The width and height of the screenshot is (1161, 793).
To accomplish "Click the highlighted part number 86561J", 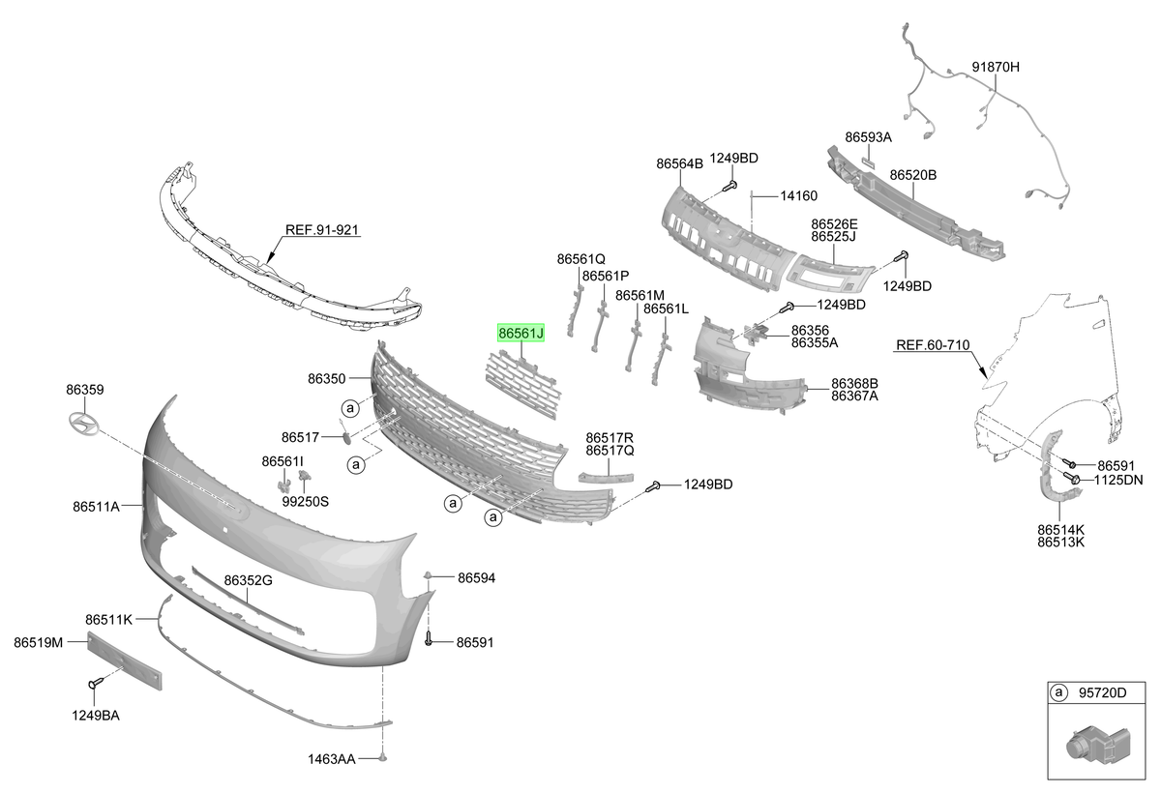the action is click(521, 333).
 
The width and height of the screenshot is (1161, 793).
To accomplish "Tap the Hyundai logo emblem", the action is click(83, 424).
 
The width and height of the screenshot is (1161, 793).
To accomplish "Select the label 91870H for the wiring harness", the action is click(996, 67).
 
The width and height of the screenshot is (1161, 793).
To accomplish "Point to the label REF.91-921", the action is click(322, 229).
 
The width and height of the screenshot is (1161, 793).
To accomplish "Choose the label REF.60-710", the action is click(933, 345).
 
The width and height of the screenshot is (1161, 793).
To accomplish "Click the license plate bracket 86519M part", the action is click(125, 661).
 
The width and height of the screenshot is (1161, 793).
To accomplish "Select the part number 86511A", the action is click(96, 506).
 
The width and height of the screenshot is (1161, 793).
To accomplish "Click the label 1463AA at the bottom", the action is click(331, 759).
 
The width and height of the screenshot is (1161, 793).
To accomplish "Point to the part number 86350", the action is click(327, 379).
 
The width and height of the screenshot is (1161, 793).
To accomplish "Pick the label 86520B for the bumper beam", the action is click(913, 175).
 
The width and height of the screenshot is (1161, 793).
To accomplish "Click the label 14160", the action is click(799, 195).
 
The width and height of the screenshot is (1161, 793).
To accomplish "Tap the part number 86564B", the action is click(679, 163).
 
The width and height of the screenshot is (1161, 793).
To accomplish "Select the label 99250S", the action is click(306, 501).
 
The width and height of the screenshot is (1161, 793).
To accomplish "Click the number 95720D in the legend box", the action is click(1102, 692).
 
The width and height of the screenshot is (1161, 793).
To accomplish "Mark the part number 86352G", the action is click(248, 580).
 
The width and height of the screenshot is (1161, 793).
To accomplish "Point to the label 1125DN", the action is click(1118, 480).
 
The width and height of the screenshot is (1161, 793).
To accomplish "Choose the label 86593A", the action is click(868, 137).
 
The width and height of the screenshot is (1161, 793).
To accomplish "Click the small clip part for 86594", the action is click(428, 575).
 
